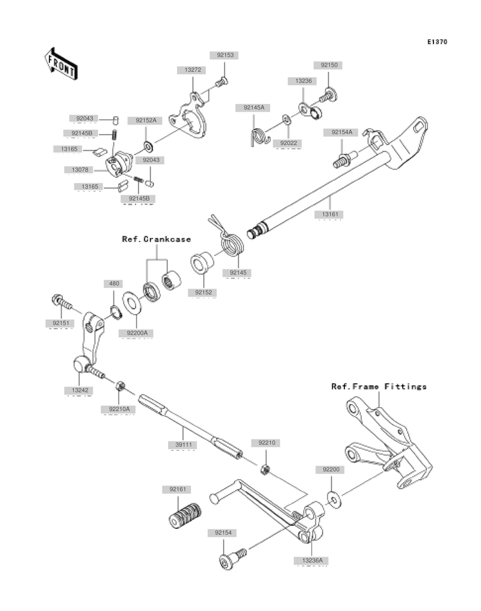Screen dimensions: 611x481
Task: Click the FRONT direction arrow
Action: tap(61, 63)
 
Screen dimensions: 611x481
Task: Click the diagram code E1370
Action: tap(437, 42)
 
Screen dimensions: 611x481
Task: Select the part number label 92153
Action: tap(224, 56)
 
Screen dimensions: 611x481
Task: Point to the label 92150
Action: tap(328, 65)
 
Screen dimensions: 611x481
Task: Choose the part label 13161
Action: tap(330, 213)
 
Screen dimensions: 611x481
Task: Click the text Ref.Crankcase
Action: tap(156, 239)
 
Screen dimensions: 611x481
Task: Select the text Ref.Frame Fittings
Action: tap(378, 387)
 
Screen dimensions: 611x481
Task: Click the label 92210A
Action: tap(118, 408)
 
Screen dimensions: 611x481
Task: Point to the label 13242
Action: tap(80, 390)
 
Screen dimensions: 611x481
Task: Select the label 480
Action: tap(114, 284)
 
